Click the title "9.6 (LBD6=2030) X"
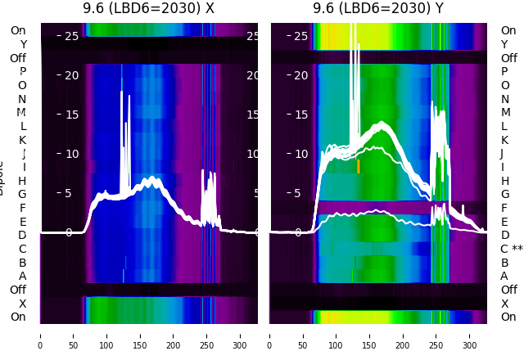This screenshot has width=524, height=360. point(148,8)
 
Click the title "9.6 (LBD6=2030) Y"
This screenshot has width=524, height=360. point(378,8)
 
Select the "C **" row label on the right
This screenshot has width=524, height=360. point(511,249)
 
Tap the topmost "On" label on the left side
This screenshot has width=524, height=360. point(18,30)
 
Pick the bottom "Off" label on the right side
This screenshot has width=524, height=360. point(508,290)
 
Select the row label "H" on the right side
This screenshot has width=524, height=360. point(505,181)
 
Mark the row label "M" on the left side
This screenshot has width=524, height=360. point(22,112)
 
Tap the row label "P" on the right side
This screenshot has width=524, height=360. point(504,71)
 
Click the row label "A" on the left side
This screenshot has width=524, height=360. point(23,276)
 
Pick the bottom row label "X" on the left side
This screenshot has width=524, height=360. point(23,304)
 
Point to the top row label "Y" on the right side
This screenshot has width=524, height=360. point(504,44)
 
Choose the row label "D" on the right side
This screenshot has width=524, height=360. point(504,235)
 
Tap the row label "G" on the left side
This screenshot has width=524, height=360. point(22,194)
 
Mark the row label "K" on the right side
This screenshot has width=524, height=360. point(504,140)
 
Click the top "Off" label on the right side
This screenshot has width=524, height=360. point(508,58)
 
